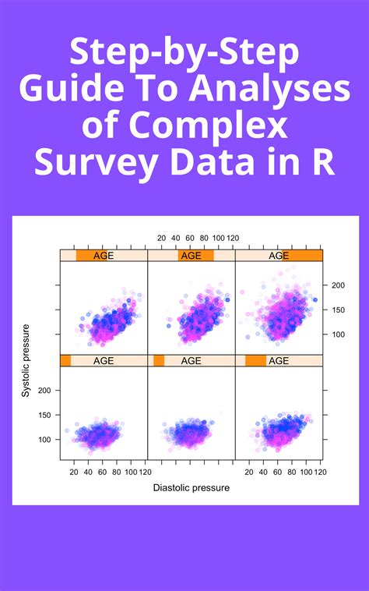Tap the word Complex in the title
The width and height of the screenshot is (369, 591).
pyautogui.click(x=209, y=125)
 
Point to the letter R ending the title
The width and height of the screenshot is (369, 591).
pyautogui.click(x=324, y=162)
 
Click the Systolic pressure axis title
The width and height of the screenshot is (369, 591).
pyautogui.click(x=25, y=361)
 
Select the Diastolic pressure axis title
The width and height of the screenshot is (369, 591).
pyautogui.click(x=191, y=488)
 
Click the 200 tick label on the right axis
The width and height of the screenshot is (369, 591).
pyautogui.click(x=338, y=285)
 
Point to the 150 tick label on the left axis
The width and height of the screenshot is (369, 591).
pyautogui.click(x=44, y=415)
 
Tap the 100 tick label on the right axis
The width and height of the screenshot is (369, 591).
pyautogui.click(x=338, y=334)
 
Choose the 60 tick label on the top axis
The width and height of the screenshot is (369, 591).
pyautogui.click(x=190, y=238)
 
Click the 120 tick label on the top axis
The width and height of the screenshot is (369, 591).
pyautogui.click(x=233, y=238)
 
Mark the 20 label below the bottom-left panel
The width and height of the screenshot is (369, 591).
pyautogui.click(x=74, y=472)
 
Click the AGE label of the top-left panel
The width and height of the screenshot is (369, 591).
pyautogui.click(x=104, y=256)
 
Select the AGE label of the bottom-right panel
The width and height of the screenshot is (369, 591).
pyautogui.click(x=279, y=361)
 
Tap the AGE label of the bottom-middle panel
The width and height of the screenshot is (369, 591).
pyautogui.click(x=191, y=361)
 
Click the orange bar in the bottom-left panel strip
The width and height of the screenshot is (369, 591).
pyautogui.click(x=66, y=361)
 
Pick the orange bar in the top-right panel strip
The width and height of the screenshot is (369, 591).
pyautogui.click(x=302, y=256)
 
